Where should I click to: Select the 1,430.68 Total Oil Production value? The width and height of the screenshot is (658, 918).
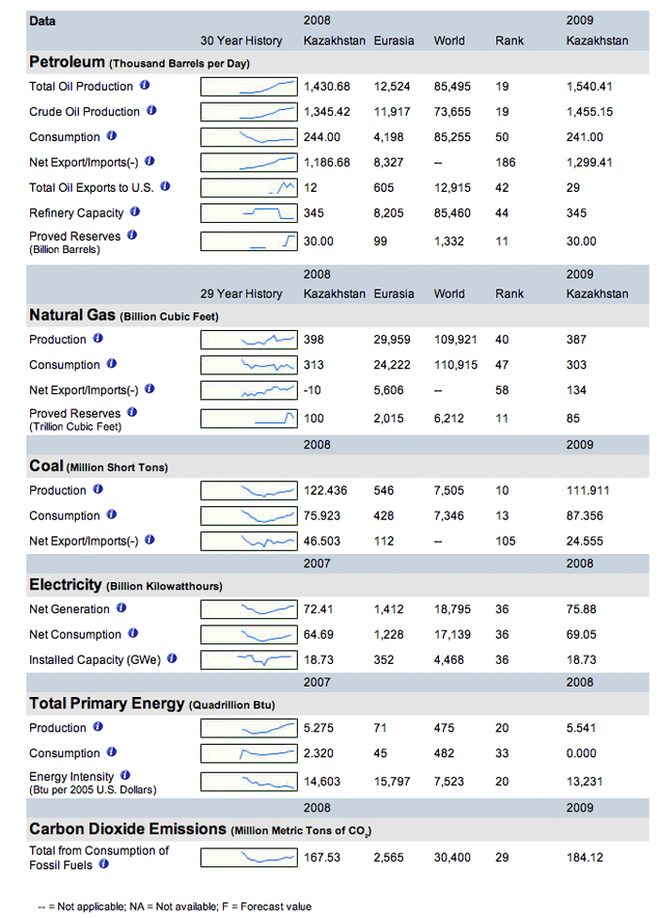(x=326, y=87)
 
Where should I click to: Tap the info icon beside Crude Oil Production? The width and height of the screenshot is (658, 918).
(x=151, y=110)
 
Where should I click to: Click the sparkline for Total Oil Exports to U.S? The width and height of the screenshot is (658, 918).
(x=248, y=188)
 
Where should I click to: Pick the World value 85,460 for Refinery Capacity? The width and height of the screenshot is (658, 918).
(x=452, y=214)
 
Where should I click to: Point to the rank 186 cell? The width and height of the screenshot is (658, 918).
(x=506, y=162)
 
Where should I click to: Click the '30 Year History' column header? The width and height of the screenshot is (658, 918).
(x=241, y=41)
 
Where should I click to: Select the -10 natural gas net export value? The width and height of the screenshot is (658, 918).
(x=312, y=390)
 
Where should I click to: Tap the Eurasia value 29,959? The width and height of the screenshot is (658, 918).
(x=392, y=340)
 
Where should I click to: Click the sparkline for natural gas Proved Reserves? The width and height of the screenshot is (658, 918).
(x=248, y=419)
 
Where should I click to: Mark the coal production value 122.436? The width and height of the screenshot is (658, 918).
(x=325, y=491)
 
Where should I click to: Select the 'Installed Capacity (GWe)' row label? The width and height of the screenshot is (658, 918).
(x=95, y=660)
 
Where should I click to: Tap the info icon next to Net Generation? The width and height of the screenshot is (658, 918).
(x=121, y=609)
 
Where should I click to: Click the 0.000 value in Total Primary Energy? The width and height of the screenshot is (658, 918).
(x=581, y=753)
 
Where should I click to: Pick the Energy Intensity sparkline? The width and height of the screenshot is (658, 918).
(x=248, y=782)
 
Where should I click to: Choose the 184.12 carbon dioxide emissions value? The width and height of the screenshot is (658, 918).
(x=585, y=858)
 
